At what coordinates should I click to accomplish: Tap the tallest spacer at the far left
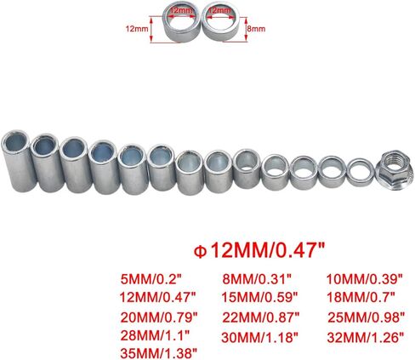pos(19,161)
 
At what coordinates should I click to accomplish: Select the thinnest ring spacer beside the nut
pos(361,173)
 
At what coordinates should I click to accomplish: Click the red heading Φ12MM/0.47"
pos(259,250)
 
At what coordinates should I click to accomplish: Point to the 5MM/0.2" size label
pos(151,279)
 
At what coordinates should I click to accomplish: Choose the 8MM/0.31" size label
pos(257,279)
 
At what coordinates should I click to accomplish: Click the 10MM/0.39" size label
pos(364,279)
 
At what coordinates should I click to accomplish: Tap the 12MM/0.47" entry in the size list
pos(157,298)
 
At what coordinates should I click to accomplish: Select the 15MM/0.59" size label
pos(260,297)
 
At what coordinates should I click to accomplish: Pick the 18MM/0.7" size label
pos(361,297)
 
